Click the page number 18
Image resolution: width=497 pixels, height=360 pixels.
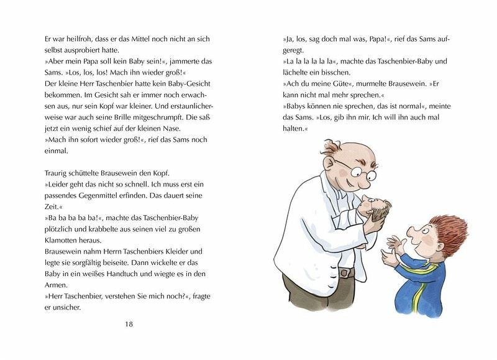tap(129, 324)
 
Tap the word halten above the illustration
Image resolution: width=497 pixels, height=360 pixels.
tap(295, 129)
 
